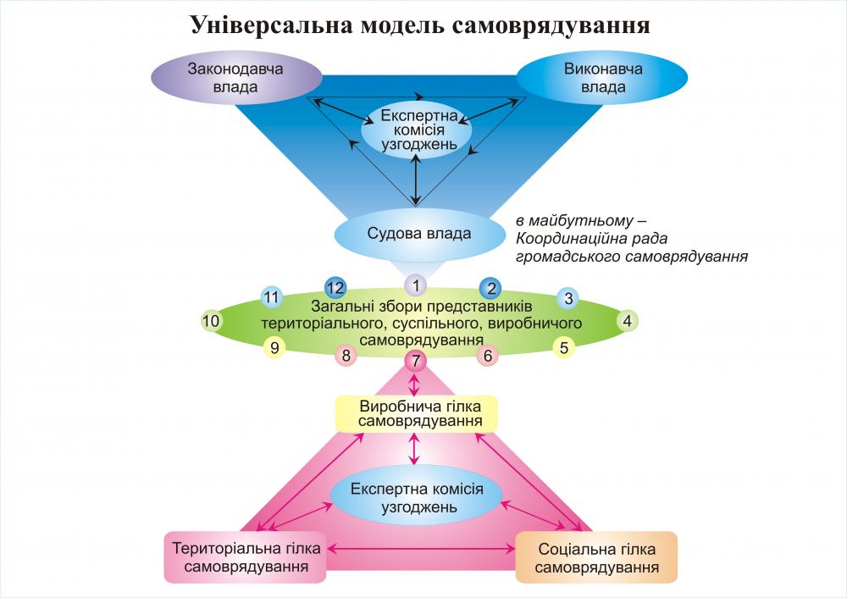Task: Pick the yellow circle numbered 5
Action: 565,346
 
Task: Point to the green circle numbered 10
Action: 212,321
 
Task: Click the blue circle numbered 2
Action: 492,287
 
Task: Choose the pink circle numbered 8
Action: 346,356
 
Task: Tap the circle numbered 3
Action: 568,298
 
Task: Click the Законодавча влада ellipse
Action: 223,78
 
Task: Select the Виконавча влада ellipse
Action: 603,78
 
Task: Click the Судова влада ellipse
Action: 419,233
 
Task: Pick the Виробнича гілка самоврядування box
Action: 415,413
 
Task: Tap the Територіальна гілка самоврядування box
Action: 245,556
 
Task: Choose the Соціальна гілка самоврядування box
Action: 597,556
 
